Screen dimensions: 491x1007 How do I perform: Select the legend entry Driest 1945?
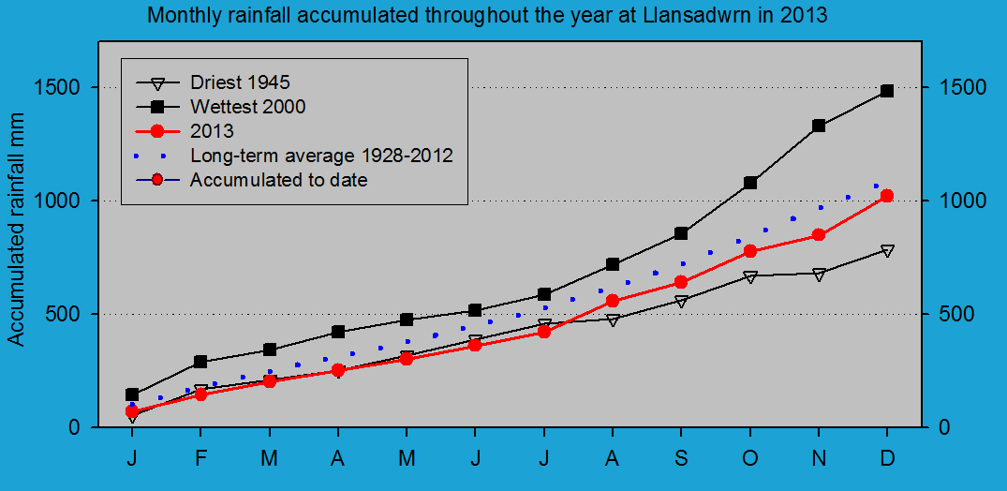[x=246, y=82]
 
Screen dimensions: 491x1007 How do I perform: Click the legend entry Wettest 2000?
[x=247, y=107]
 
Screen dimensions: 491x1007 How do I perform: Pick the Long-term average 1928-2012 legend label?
[x=321, y=156]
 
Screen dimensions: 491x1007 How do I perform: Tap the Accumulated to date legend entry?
[x=278, y=180]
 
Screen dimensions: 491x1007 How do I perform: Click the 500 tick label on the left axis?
[x=64, y=314]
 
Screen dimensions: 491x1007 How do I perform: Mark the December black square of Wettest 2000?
[x=887, y=91]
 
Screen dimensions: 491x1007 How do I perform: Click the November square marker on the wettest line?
[x=819, y=126]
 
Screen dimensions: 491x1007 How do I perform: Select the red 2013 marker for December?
[x=887, y=196]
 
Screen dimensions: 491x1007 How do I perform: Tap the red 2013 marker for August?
[x=613, y=301]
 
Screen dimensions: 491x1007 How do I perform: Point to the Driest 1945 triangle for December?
[x=887, y=250]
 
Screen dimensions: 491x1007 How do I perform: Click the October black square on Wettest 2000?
[x=750, y=183]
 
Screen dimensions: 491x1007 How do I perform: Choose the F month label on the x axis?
[x=200, y=457]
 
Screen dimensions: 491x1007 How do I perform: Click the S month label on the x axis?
[x=681, y=457]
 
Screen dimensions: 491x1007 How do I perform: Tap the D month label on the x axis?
[x=887, y=457]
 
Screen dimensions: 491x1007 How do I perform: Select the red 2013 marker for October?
[x=750, y=251]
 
